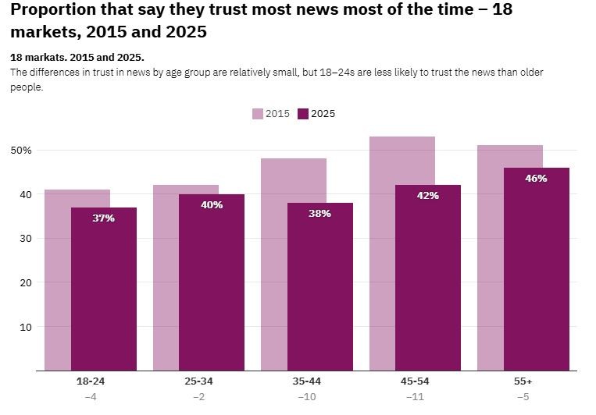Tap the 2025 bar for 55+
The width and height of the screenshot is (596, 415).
pyautogui.click(x=536, y=273)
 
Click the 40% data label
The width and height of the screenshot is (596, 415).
pyautogui.click(x=212, y=205)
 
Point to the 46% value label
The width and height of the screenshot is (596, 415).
pyautogui.click(x=536, y=179)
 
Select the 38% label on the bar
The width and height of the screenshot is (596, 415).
pyautogui.click(x=319, y=214)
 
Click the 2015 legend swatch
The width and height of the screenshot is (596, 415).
pyautogui.click(x=258, y=114)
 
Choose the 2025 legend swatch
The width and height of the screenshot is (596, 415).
pyautogui.click(x=303, y=114)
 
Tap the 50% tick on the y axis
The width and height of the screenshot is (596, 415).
pyautogui.click(x=21, y=150)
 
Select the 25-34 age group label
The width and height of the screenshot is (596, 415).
pyautogui.click(x=198, y=381)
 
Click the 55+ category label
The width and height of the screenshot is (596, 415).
pyautogui.click(x=523, y=381)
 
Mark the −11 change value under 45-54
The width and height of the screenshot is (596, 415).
pyautogui.click(x=415, y=397)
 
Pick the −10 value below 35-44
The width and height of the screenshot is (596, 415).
pyautogui.click(x=306, y=397)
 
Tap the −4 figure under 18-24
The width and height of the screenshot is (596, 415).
pyautogui.click(x=91, y=397)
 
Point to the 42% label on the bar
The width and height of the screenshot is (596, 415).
pyautogui.click(x=428, y=196)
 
